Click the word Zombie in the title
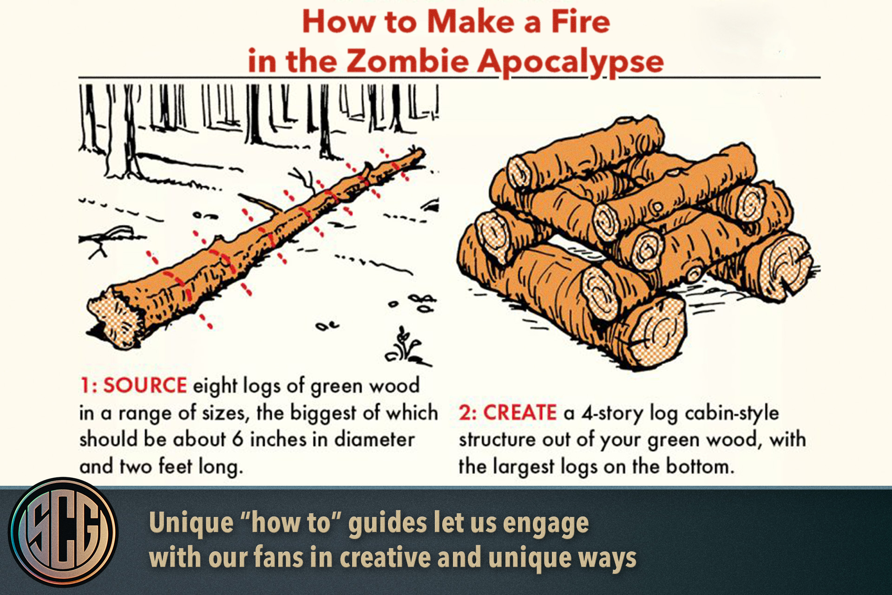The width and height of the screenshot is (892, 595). (x=407, y=61)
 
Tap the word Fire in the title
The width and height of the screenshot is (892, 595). (x=581, y=22)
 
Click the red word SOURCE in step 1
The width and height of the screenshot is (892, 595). (x=145, y=386)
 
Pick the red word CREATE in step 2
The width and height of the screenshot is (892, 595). (x=520, y=413)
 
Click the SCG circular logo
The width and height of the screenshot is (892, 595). (x=63, y=532)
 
